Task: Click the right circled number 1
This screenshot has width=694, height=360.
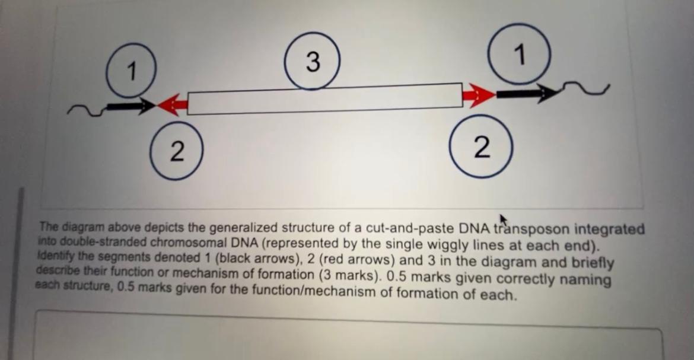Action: [519, 55]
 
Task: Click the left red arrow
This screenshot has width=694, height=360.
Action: [173, 105]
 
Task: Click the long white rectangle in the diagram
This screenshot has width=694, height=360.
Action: [324, 98]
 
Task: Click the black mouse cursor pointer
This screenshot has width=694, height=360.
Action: [503, 220]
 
